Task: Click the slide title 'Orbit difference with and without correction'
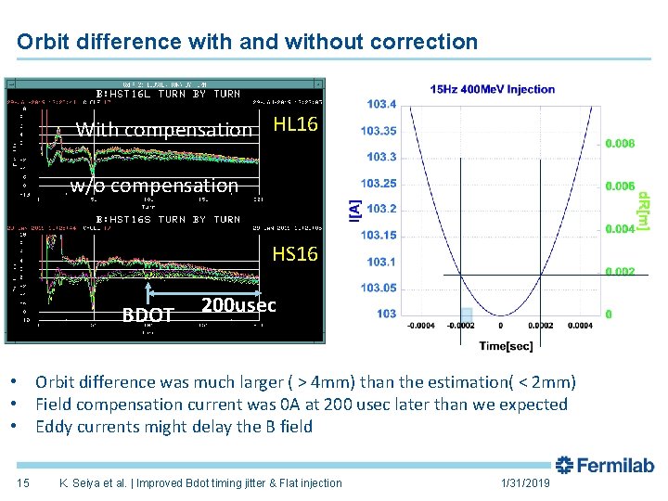pos(248,42)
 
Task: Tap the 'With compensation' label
pos(164,130)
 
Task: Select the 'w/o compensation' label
pos(154,186)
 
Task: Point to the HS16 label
pos(295,253)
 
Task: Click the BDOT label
pos(148,315)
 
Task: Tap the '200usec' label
pos(238,305)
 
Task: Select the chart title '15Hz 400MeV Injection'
pos(493,89)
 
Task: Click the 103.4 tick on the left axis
pos(382,104)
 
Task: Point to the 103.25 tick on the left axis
pos(379,183)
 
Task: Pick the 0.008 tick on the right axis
pos(621,144)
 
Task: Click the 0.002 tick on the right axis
pos(621,271)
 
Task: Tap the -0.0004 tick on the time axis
pos(422,326)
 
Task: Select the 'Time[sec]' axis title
pos(507,344)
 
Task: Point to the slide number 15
pos(24,482)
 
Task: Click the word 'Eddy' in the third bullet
pos(55,427)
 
